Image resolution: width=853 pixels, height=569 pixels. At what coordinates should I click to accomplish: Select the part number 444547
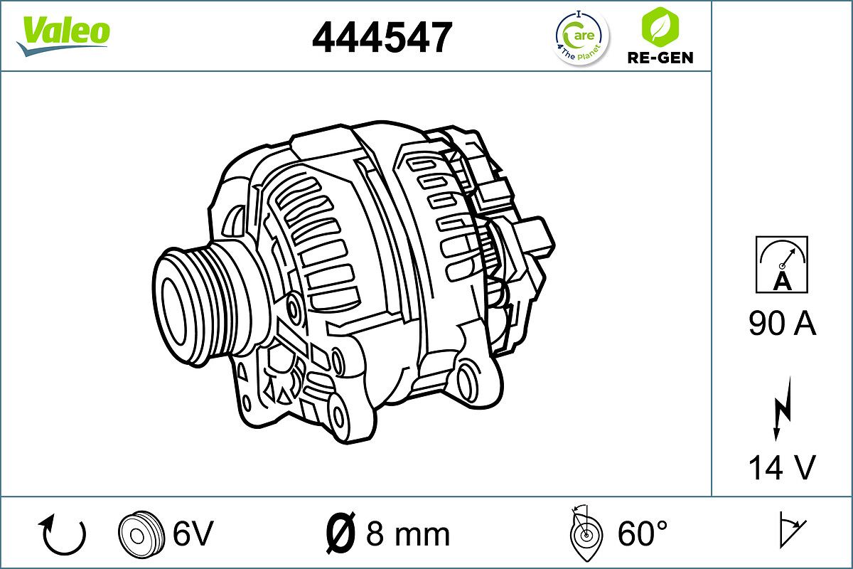pyautogui.click(x=382, y=37)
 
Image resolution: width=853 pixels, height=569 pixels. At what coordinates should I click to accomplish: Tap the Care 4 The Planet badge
pyautogui.click(x=581, y=37)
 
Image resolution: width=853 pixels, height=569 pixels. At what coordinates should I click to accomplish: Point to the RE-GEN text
pyautogui.click(x=660, y=57)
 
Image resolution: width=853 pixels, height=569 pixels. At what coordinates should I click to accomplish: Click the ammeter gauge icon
pyautogui.click(x=782, y=265)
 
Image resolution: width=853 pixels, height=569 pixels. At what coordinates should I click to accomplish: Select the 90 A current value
pyautogui.click(x=782, y=324)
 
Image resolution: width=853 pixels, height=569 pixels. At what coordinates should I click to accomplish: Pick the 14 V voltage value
pyautogui.click(x=782, y=468)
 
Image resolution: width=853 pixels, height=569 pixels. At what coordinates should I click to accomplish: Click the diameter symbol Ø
pyautogui.click(x=340, y=533)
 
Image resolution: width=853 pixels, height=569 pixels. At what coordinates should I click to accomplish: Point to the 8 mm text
pyautogui.click(x=408, y=533)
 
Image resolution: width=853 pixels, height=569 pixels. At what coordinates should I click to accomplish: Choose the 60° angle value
pyautogui.click(x=642, y=533)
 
